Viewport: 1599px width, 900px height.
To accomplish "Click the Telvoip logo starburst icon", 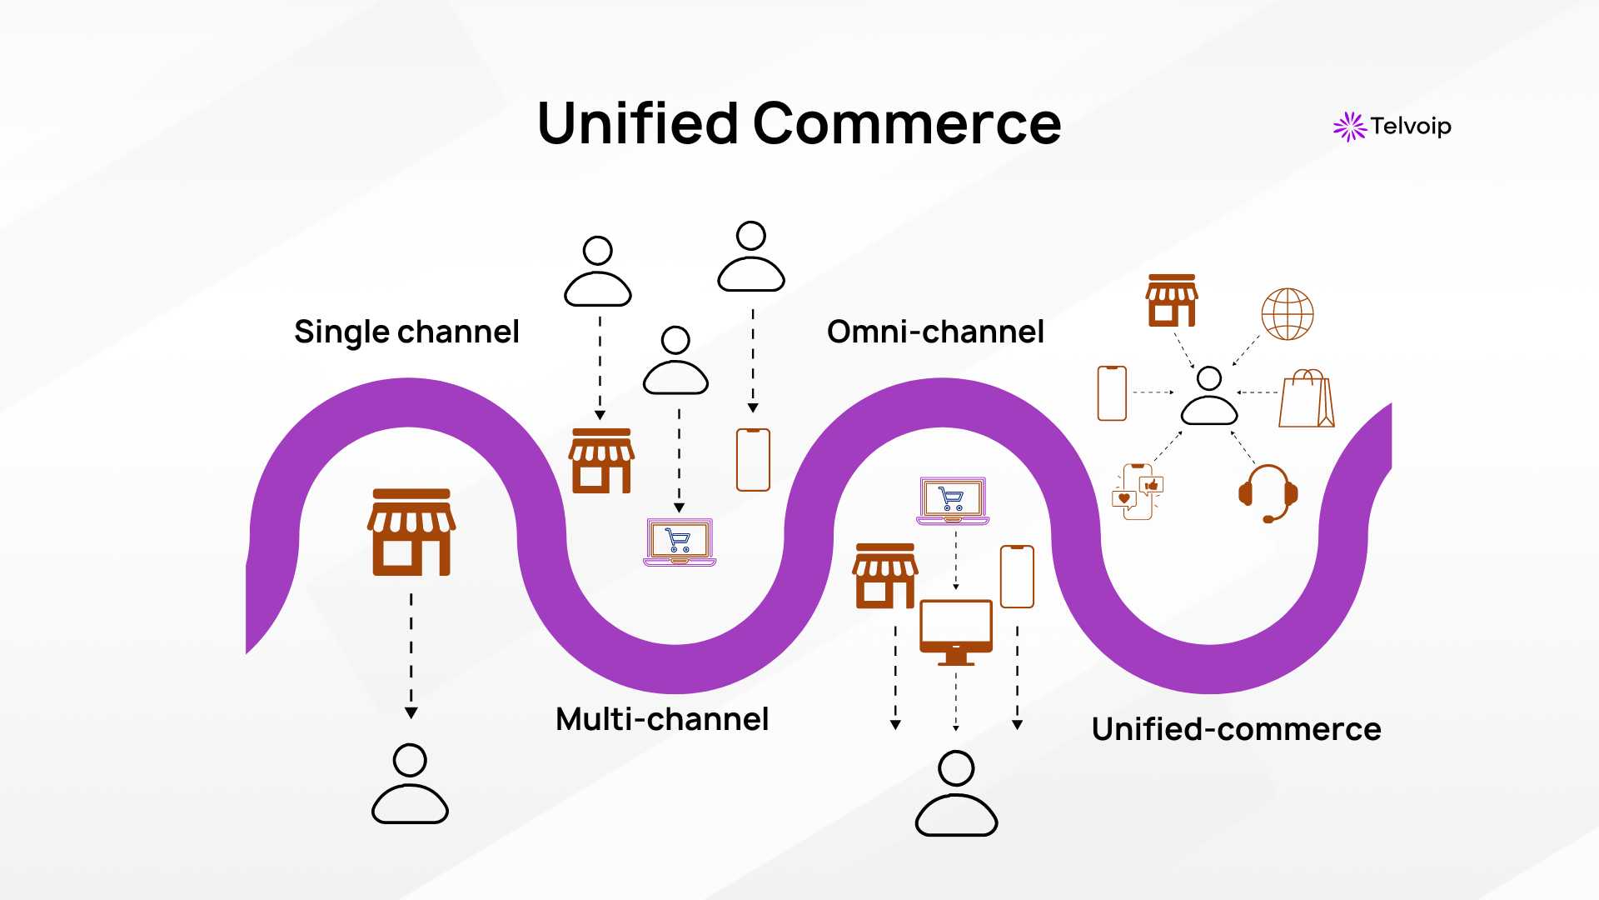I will [1349, 127].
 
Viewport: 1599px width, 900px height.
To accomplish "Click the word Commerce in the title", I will [907, 123].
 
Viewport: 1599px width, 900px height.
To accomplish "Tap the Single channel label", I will [406, 332].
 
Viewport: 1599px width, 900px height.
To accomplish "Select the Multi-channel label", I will [662, 719].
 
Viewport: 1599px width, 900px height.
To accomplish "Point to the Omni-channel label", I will [935, 332].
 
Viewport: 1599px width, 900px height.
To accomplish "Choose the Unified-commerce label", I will [1236, 729].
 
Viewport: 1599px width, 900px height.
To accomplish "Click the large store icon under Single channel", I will [411, 532].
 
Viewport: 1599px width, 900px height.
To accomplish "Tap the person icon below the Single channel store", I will [410, 784].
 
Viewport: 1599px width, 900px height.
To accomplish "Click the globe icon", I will [1287, 314].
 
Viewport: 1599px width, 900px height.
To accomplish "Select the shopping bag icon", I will [1306, 399].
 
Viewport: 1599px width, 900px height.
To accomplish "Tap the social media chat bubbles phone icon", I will [1138, 492].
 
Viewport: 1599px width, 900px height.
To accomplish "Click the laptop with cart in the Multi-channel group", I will [680, 542].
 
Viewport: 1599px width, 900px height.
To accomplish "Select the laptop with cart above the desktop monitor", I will [953, 501].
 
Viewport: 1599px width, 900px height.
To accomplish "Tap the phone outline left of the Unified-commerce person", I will [1112, 393].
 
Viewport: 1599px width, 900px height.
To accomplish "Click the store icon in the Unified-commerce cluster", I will [1172, 301].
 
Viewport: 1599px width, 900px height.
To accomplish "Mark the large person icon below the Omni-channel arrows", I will [956, 793].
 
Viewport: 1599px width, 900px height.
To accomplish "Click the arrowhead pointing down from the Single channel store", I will [411, 712].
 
